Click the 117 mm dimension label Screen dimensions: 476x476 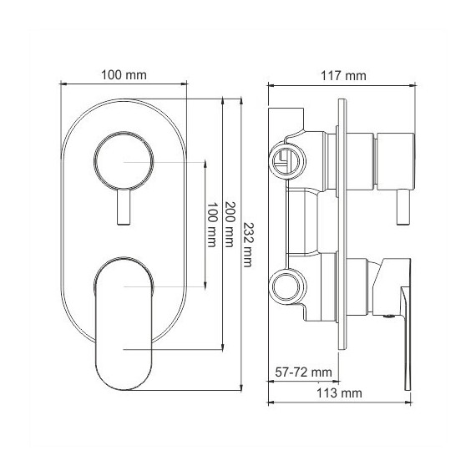point(343,76)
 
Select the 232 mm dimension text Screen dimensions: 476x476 point(248,245)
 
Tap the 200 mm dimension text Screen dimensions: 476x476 point(230,224)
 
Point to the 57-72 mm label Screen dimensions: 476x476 point(303,372)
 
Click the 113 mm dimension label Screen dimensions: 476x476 point(339,393)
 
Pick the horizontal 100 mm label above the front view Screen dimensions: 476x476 point(124,75)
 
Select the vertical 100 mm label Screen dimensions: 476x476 point(212,225)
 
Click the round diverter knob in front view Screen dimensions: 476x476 point(124,161)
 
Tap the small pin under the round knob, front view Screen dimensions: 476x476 point(124,207)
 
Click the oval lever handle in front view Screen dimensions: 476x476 point(124,323)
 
